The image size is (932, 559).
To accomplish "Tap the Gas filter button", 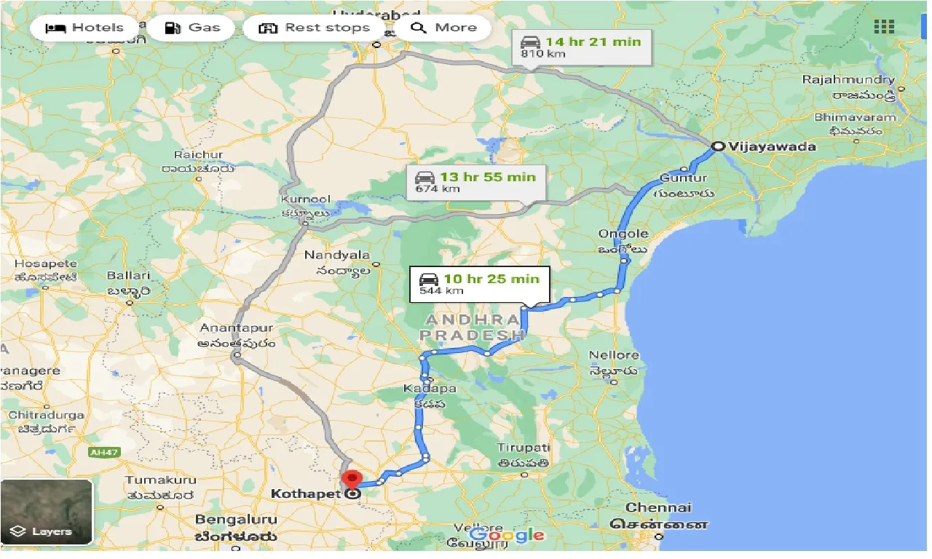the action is pyautogui.click(x=191, y=28).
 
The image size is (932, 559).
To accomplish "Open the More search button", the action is pyautogui.click(x=443, y=28).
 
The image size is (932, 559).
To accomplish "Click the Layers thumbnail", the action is pyautogui.click(x=47, y=512).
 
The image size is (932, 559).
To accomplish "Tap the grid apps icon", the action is pyautogui.click(x=884, y=27).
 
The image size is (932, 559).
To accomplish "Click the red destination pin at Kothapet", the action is pyautogui.click(x=352, y=481).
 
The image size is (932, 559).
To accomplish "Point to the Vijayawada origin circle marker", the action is pyautogui.click(x=717, y=146).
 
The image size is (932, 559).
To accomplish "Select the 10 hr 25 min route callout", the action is pyautogui.click(x=479, y=284).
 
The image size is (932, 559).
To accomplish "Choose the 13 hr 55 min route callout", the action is pyautogui.click(x=475, y=182).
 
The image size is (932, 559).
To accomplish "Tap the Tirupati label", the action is pyautogui.click(x=523, y=448).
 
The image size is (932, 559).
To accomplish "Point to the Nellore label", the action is pyautogui.click(x=615, y=355).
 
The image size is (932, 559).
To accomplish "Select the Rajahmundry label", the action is pyautogui.click(x=848, y=79).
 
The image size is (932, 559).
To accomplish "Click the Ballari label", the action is pyautogui.click(x=128, y=276).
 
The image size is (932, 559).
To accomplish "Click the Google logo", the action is pyautogui.click(x=508, y=536).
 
